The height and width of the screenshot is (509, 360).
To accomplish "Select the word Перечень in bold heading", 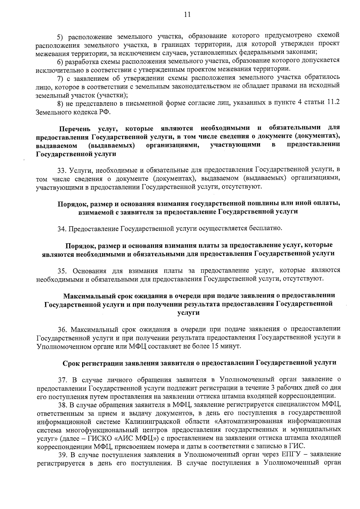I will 75,129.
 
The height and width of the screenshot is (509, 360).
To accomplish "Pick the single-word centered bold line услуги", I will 188,313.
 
